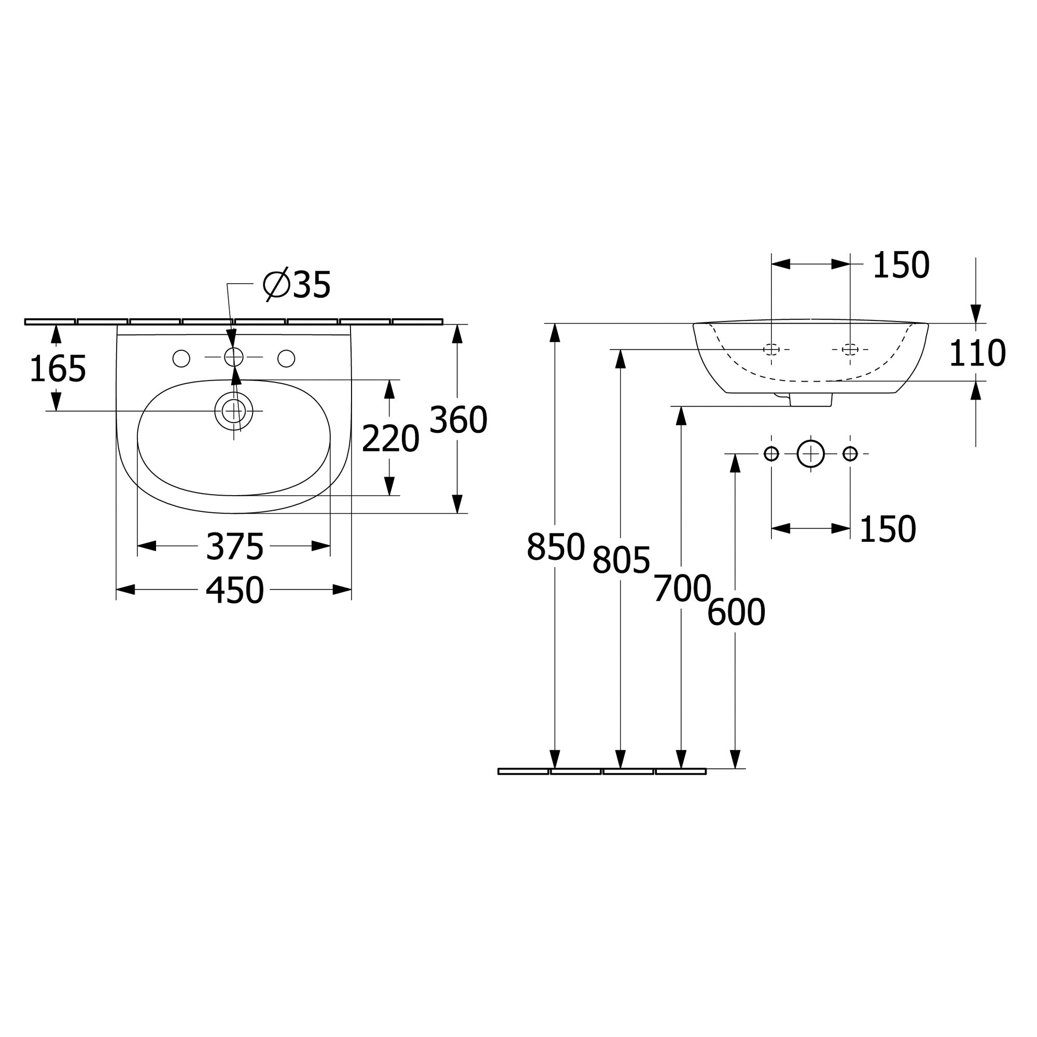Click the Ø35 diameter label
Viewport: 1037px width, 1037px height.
coord(297,285)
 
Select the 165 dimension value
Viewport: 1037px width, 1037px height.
coord(58,369)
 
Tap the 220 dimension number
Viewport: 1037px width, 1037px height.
coord(390,439)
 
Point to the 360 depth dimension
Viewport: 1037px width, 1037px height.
coord(458,420)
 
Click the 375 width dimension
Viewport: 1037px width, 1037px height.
coord(234,547)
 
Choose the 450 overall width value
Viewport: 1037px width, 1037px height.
coord(234,591)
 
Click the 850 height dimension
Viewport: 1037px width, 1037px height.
coord(555,547)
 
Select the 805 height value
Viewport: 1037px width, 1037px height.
coord(621,560)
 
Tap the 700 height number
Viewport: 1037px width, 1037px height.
coord(682,589)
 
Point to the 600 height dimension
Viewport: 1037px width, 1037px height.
coord(735,612)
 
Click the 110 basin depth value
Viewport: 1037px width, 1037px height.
coord(976,354)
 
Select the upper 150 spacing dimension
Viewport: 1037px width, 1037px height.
coord(901,265)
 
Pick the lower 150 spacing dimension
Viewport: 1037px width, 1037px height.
coord(887,529)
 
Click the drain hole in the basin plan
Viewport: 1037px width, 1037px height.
coord(233,411)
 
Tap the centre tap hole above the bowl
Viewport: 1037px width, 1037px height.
coord(233,357)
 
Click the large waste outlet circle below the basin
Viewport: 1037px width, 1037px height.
coord(810,454)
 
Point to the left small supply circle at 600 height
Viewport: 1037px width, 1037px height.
coord(772,454)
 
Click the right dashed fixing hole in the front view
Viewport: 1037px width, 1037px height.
coord(850,349)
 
